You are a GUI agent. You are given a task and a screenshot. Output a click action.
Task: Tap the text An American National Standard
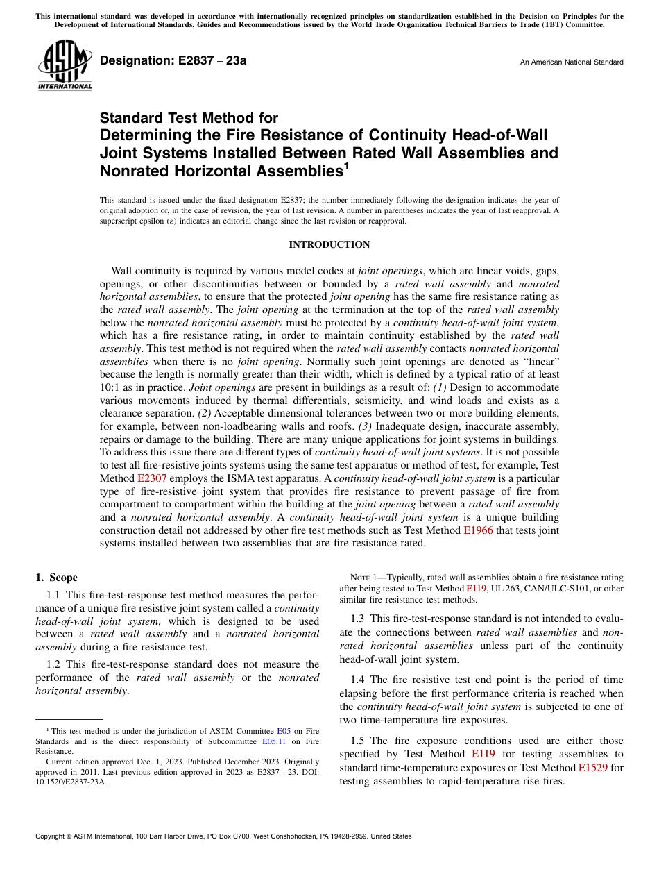(x=572, y=62)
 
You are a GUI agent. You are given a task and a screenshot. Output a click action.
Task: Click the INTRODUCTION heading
(x=329, y=245)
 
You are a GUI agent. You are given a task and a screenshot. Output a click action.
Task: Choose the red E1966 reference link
(x=478, y=530)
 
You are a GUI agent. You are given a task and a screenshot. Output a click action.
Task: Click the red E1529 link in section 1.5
(x=592, y=768)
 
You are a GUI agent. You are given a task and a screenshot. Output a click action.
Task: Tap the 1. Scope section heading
(x=57, y=578)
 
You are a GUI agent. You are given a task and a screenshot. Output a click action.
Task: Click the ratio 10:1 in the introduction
(x=111, y=387)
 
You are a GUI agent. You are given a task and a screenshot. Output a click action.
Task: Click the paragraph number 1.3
(x=358, y=619)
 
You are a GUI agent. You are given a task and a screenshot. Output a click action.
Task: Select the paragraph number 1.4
(x=358, y=680)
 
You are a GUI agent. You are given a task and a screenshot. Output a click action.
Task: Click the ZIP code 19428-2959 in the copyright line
(x=349, y=836)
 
